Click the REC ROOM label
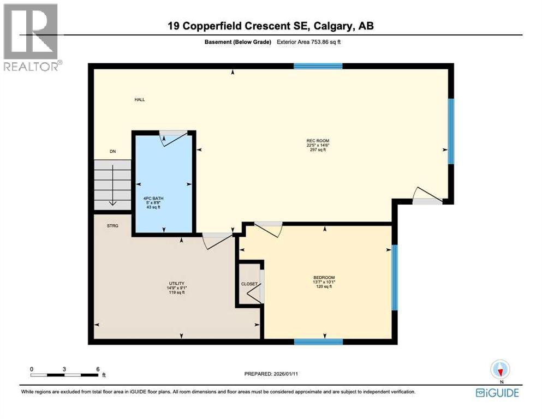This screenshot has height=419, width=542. pyautogui.click(x=318, y=141)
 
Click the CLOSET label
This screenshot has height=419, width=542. pyautogui.click(x=249, y=284)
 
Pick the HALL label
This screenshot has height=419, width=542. pyautogui.click(x=140, y=100)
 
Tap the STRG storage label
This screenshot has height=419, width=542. pyautogui.click(x=114, y=224)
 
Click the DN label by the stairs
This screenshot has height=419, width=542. pyautogui.click(x=112, y=152)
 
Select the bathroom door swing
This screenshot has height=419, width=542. pyautogui.click(x=171, y=138)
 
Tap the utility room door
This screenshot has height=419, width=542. pyautogui.click(x=215, y=240)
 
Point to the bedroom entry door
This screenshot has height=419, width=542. pyautogui.click(x=269, y=229)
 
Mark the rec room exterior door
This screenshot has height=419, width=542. pyautogui.click(x=425, y=196)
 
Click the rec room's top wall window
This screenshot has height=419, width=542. pyautogui.click(x=318, y=66)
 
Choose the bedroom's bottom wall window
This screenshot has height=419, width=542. pyautogui.click(x=318, y=342)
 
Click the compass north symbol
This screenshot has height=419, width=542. pyautogui.click(x=500, y=370)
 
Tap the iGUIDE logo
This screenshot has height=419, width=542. pyautogui.click(x=497, y=392)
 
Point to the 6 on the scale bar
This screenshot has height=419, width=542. pyautogui.click(x=97, y=369)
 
